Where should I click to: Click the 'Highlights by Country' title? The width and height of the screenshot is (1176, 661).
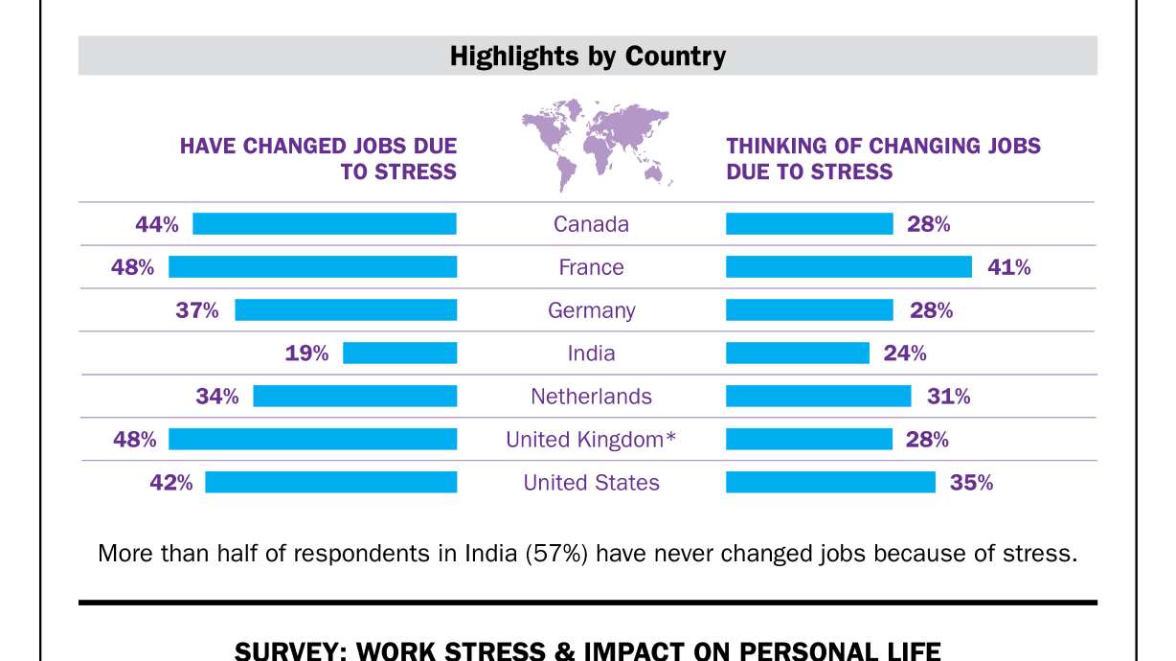point(588,57)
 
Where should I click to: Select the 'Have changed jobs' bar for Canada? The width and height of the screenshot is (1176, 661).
point(325,224)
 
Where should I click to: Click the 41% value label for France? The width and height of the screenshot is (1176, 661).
point(1009,267)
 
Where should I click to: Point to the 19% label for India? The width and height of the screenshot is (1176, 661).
point(306,353)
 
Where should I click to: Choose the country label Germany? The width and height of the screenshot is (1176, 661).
point(591,310)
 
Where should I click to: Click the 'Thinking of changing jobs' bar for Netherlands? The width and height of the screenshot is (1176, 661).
point(818,397)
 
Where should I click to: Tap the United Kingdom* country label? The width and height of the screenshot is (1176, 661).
point(591,440)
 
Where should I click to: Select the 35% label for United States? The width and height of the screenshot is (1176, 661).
point(971,483)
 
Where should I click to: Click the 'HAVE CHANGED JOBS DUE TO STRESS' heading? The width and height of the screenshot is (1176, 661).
point(319,159)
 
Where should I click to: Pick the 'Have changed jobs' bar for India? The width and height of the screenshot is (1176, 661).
point(399,353)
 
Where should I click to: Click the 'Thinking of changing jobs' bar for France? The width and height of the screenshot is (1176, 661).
point(848,267)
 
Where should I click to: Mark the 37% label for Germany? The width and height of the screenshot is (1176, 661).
point(197,310)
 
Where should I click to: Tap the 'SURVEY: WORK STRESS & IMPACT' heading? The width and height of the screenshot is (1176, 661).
point(588,651)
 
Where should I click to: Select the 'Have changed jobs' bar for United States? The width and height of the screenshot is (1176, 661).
point(330,483)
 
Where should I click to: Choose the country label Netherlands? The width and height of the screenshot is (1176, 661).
point(591,397)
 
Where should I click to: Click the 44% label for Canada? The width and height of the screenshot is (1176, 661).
point(157,224)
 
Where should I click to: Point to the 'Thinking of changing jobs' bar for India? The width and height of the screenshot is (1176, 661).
point(797,353)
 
